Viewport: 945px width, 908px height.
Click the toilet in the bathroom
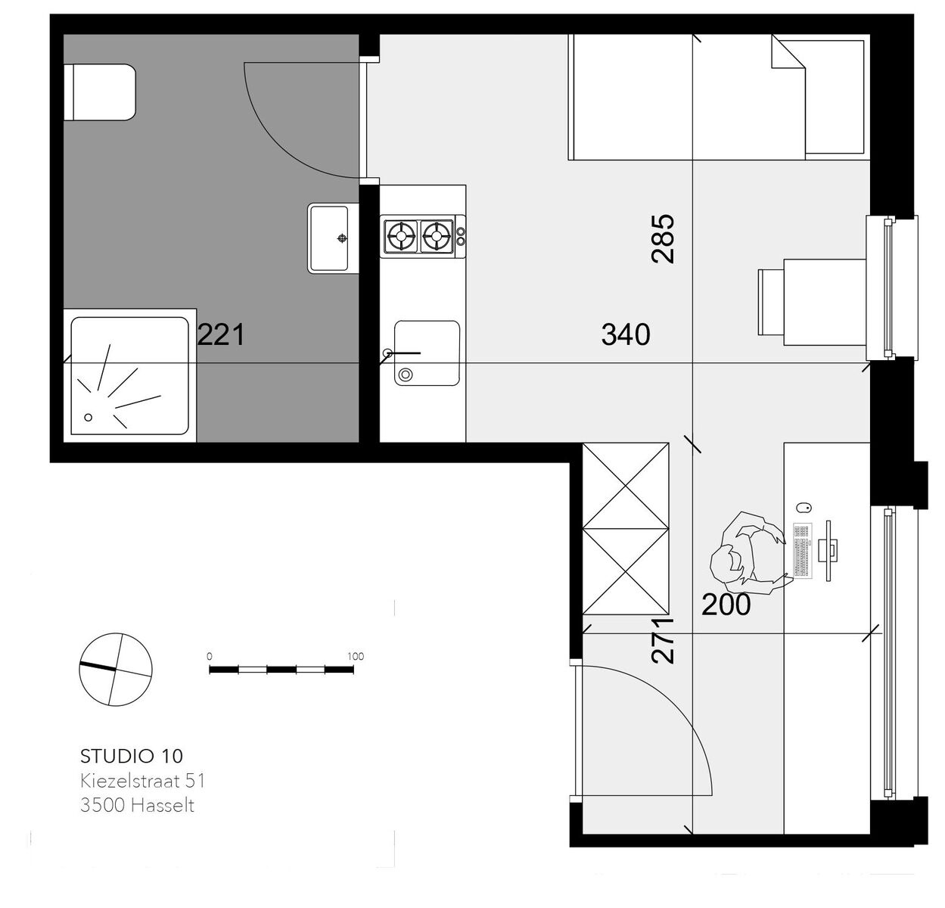(100, 92)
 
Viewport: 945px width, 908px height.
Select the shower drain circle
(89, 417)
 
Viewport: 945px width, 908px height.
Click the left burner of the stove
(401, 237)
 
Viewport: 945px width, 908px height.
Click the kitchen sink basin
(427, 353)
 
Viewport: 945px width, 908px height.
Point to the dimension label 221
(221, 335)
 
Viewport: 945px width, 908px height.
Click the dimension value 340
(626, 334)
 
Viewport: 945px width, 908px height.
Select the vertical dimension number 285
(663, 239)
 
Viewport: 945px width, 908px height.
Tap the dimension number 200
(726, 605)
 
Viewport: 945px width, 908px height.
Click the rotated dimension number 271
(663, 640)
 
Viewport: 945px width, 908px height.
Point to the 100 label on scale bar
(356, 657)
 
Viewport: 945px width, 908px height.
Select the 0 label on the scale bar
(210, 657)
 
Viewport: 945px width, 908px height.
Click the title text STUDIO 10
(132, 756)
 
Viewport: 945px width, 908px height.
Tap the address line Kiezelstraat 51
(143, 781)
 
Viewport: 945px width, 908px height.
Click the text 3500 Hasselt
(138, 806)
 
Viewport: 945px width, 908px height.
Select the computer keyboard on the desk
(802, 551)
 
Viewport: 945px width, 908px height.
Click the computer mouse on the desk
(804, 508)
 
